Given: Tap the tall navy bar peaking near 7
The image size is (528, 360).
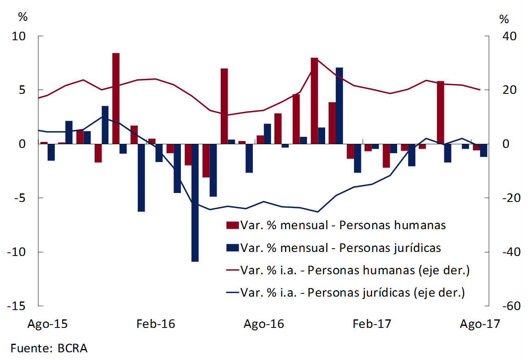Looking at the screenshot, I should coord(339,106).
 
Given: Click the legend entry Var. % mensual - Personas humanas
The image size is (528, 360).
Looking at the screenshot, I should coord(343,225).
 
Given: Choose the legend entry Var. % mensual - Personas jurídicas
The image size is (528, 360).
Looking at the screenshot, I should coord(340,247).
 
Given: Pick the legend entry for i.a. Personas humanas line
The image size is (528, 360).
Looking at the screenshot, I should coord(355,270).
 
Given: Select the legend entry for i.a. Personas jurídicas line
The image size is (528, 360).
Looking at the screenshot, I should coord(352,293).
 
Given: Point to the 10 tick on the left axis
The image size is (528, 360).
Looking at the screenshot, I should coord(20,36).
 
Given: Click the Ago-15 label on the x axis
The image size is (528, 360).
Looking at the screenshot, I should coord(48,324).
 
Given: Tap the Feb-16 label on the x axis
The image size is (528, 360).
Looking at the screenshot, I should coord(156,324).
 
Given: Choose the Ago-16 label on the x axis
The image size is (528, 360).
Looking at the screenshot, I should coord(264,324).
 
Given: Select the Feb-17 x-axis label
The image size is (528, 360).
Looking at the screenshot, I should coord(372,324).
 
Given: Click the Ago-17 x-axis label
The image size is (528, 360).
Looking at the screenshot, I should coord(480,324).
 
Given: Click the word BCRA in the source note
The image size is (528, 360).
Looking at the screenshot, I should coord(72,348).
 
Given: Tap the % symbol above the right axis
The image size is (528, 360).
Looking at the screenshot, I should coord(504,19).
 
